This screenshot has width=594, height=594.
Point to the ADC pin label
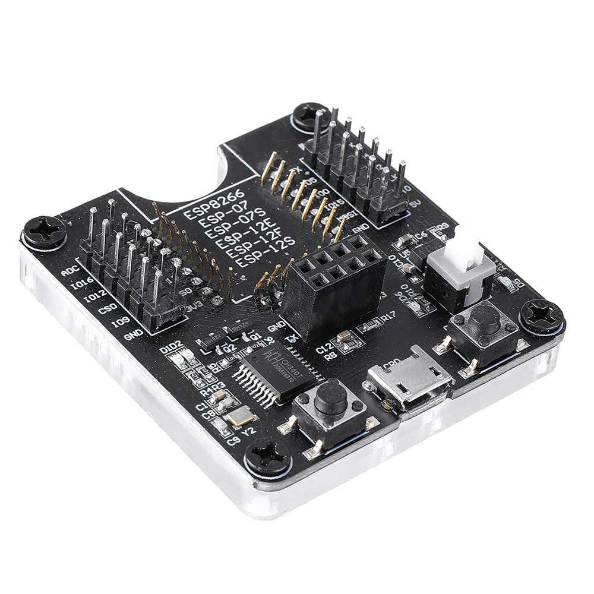click(x=69, y=272)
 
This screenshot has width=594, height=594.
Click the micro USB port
click(x=409, y=384)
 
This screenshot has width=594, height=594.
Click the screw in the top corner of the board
click(x=309, y=116)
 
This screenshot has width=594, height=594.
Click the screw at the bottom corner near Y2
click(x=267, y=457)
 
